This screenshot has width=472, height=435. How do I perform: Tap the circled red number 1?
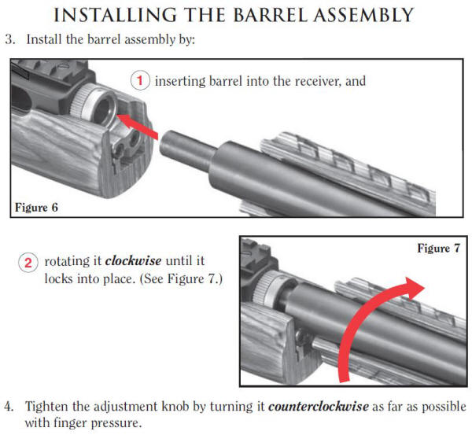pyautogui.click(x=140, y=81)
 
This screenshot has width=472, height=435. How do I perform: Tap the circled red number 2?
pyautogui.click(x=28, y=262)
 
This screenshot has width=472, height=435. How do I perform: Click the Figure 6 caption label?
pyautogui.click(x=38, y=208)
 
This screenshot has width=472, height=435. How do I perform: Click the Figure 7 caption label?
pyautogui.click(x=437, y=248)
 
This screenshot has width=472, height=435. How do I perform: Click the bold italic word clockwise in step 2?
pyautogui.click(x=132, y=261)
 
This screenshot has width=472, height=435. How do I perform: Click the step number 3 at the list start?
pyautogui.click(x=9, y=39)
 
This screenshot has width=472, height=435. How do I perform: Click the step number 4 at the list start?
pyautogui.click(x=9, y=407)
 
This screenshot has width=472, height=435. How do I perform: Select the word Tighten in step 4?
pyautogui.click(x=46, y=407)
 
